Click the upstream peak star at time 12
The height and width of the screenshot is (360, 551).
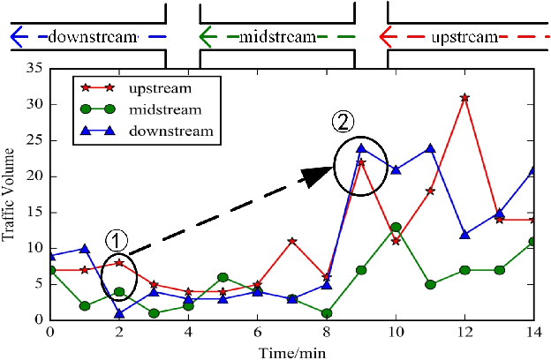pyautogui.click(x=464, y=97)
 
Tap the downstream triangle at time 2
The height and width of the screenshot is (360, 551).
pyautogui.click(x=119, y=313)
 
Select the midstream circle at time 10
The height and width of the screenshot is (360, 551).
pyautogui.click(x=396, y=227)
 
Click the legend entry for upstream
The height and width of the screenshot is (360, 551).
pyautogui.click(x=159, y=88)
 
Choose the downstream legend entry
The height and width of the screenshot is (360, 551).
pyautogui.click(x=170, y=131)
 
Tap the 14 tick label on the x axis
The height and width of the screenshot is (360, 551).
pyautogui.click(x=533, y=333)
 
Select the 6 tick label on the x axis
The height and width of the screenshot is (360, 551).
pyautogui.click(x=257, y=333)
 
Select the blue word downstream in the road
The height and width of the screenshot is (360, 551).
pyautogui.click(x=94, y=37)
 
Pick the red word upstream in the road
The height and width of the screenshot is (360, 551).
pyautogui.click(x=464, y=37)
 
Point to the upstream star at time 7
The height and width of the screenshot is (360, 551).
pyautogui.click(x=291, y=241)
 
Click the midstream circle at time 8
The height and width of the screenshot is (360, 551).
pyautogui.click(x=327, y=313)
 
